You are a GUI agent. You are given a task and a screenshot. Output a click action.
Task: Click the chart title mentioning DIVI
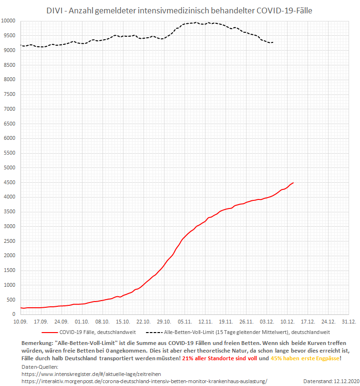180,10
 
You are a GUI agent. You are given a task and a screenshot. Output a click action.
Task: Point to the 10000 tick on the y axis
8,21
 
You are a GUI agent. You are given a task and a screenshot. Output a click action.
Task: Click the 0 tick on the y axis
14,314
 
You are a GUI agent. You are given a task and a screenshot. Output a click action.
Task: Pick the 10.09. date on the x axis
20,322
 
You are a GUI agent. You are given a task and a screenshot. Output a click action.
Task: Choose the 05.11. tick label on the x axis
185,322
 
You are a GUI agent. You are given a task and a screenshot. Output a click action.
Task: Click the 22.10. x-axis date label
144,322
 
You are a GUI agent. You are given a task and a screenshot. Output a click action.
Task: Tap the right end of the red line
293,183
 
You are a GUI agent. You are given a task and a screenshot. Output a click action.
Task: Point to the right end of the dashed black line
273,42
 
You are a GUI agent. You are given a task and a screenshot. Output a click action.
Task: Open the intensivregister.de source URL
92,374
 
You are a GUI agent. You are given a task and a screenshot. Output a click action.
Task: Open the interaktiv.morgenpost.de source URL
144,381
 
